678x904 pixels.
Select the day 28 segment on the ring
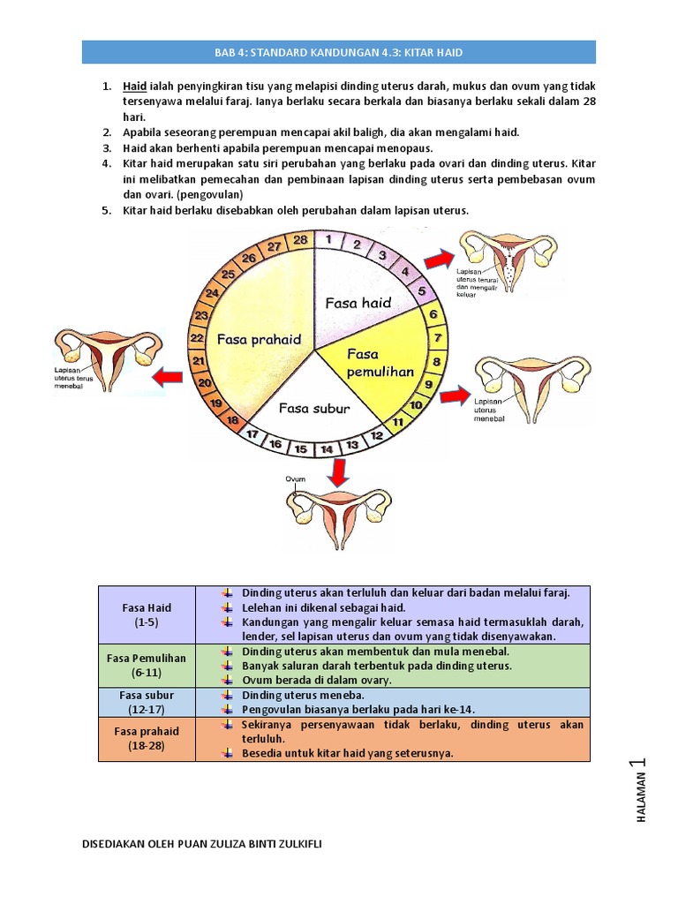300,239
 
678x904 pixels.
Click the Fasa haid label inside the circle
358,303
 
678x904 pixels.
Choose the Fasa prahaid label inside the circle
260,339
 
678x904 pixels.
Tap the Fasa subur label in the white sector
314,408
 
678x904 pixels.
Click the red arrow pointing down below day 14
335,474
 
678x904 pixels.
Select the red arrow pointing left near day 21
167,378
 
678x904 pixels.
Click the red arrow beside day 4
435,260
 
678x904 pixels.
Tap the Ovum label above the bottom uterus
295,479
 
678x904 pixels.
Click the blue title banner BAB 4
339,53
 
